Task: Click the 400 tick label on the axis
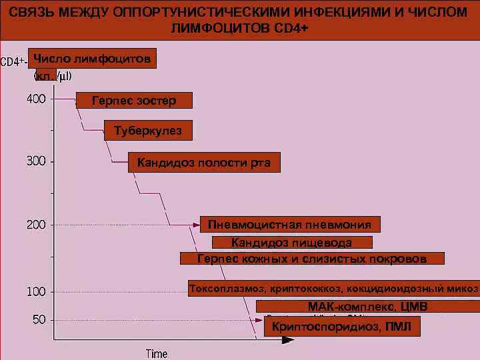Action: pyautogui.click(x=36, y=99)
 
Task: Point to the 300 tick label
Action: pyautogui.click(x=36, y=161)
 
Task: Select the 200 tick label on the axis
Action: pyautogui.click(x=36, y=225)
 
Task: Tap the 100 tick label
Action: pyautogui.click(x=36, y=292)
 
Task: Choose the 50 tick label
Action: pyautogui.click(x=39, y=320)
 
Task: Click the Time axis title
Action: pyautogui.click(x=157, y=353)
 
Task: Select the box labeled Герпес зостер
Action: pyautogui.click(x=134, y=101)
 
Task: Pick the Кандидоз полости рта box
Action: pyautogui.click(x=204, y=163)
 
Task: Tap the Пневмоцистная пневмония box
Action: pyautogui.click(x=290, y=224)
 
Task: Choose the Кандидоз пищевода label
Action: pyautogui.click(x=291, y=242)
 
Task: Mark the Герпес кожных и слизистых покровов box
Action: pyautogui.click(x=312, y=258)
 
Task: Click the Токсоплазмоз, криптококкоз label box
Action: pyautogui.click(x=333, y=289)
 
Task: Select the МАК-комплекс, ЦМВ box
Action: pyautogui.click(x=367, y=307)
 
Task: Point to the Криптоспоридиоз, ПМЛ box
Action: pyautogui.click(x=342, y=327)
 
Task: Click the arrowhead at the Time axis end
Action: pyautogui.click(x=287, y=339)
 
